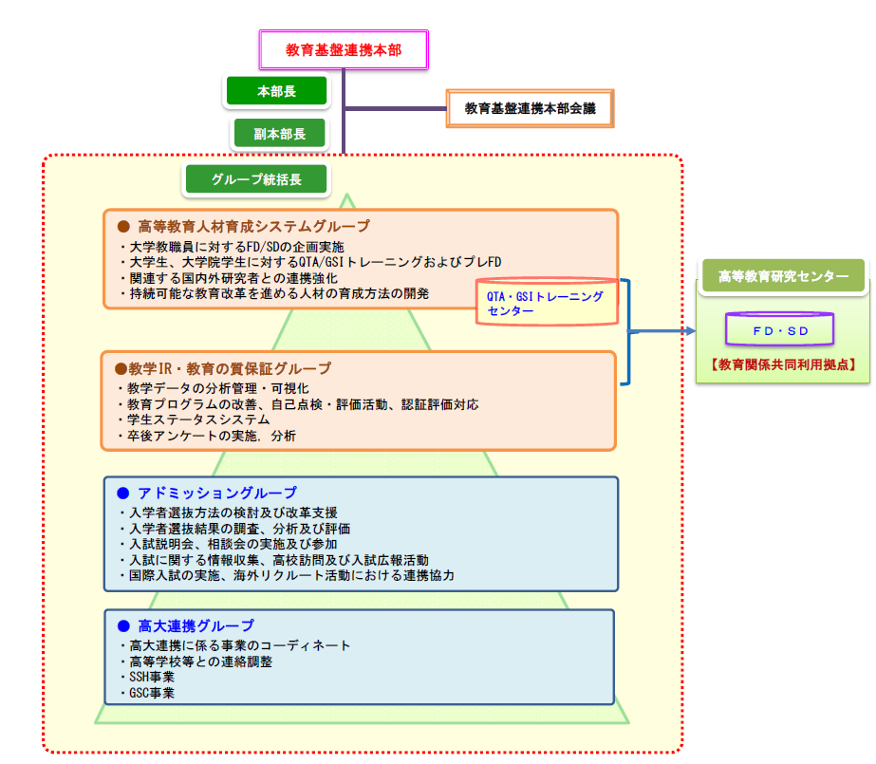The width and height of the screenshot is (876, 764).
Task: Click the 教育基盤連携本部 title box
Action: pyautogui.click(x=344, y=49)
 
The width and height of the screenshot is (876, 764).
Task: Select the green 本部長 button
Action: pyautogui.click(x=276, y=91)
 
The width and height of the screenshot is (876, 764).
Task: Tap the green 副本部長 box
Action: pyautogui.click(x=279, y=134)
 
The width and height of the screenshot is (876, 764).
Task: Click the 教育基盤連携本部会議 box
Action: pyautogui.click(x=530, y=108)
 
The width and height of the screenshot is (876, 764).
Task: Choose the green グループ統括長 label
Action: pyautogui.click(x=256, y=177)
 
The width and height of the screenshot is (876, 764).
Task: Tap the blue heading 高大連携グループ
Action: pyautogui.click(x=196, y=625)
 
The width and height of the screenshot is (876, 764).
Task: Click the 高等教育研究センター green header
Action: pyautogui.click(x=783, y=276)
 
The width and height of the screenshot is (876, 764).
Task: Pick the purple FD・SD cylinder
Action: pyautogui.click(x=779, y=328)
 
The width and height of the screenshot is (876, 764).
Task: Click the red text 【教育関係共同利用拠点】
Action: pyautogui.click(x=783, y=364)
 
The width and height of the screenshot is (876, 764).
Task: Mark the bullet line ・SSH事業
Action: pyautogui.click(x=148, y=677)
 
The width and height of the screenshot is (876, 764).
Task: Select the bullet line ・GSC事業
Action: pyautogui.click(x=148, y=693)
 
